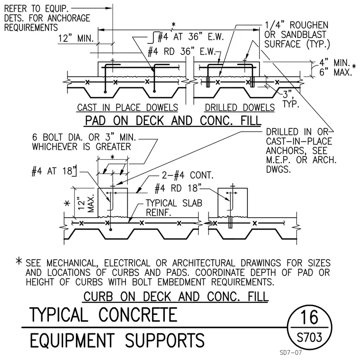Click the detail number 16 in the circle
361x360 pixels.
click(x=309, y=317)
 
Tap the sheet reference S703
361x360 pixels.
click(x=309, y=338)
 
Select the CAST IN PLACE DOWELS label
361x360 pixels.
click(x=128, y=107)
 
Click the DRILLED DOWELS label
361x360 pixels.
click(x=240, y=107)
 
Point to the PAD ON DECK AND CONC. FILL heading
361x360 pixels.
click(x=173, y=120)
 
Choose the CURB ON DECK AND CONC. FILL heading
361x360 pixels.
click(x=176, y=296)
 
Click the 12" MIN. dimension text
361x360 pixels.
click(x=76, y=38)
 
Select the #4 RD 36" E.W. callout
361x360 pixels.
click(x=181, y=52)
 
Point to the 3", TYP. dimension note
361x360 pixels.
click(x=291, y=99)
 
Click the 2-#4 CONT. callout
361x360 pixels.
click(x=188, y=175)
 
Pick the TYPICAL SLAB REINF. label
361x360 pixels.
click(x=174, y=208)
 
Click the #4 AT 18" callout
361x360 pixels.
click(x=54, y=171)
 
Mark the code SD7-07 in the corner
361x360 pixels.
click(x=291, y=352)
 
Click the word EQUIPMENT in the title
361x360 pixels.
click(x=72, y=340)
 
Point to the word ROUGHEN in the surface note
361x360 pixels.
click(x=309, y=25)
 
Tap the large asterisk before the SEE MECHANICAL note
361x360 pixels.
click(x=19, y=261)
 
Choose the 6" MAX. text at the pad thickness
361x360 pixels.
click(x=335, y=72)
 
